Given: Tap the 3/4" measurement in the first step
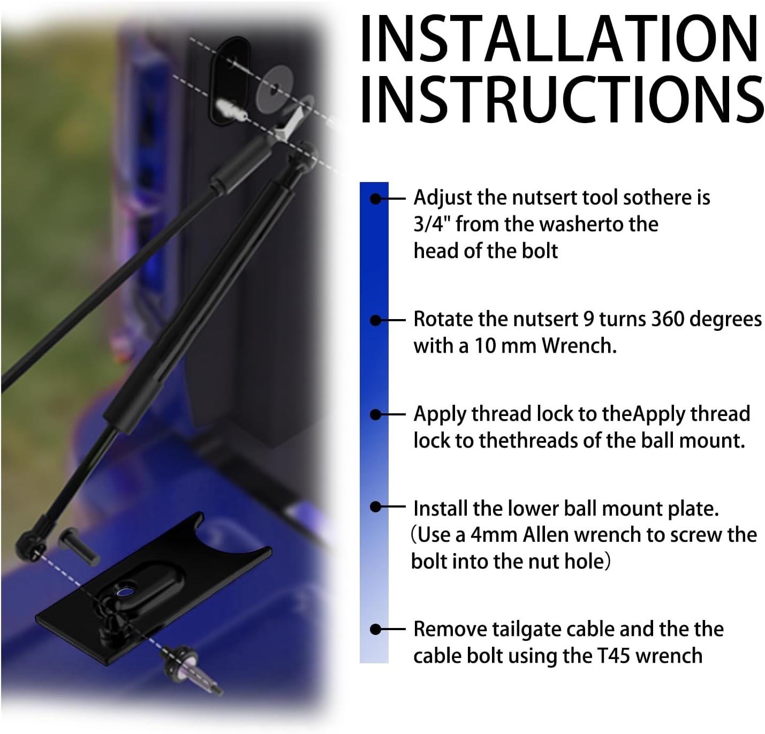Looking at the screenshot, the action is point(432,224).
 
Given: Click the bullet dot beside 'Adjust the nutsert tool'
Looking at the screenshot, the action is point(376,199).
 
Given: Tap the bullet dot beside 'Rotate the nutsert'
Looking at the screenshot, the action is point(376,320).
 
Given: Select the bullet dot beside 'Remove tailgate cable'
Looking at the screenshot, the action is point(376,630).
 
